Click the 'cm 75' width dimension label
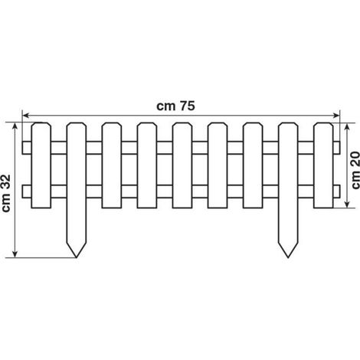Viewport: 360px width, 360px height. coord(175,106)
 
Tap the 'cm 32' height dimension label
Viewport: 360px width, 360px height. coord(6,193)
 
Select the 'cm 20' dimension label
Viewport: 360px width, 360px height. coord(355,171)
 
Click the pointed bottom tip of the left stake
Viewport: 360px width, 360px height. coord(76,257)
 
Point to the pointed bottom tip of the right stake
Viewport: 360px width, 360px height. coord(288,257)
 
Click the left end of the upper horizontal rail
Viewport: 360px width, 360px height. coord(22,148)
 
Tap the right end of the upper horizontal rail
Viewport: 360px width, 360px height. coord(340,148)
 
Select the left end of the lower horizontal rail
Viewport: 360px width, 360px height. coord(22,191)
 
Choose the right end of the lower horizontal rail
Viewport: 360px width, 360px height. coord(340,191)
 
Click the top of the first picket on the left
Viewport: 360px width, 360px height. coord(41,123)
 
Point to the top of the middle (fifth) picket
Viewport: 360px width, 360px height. coord(182,123)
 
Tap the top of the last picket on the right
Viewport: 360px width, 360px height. coord(323,123)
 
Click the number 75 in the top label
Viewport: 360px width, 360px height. coord(187,106)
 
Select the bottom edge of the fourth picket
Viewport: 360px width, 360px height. coord(147,208)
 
